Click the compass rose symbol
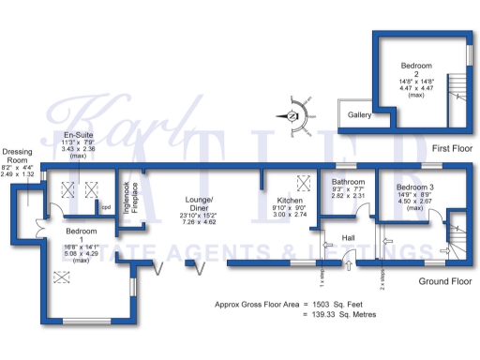point(293,115)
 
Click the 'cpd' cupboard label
point(107,207)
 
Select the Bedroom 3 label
point(413,188)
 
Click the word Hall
point(348,237)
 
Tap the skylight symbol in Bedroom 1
point(63,276)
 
